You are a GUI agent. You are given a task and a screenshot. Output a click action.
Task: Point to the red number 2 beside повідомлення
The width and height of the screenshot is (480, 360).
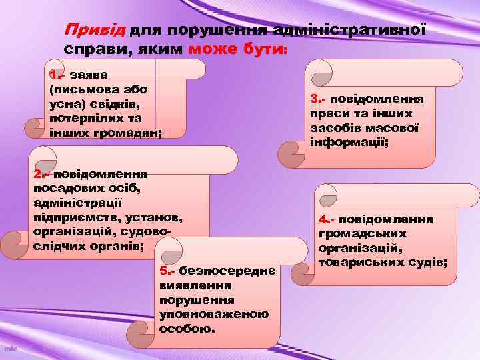click(x=37, y=175)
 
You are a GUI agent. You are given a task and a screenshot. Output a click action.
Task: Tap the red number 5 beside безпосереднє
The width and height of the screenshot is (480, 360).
click(x=164, y=271)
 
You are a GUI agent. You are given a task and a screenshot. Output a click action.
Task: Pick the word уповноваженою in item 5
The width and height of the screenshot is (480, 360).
click(x=214, y=315)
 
